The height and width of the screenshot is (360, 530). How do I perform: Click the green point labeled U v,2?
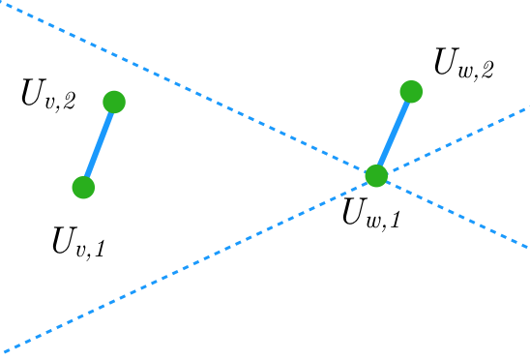pos(114,102)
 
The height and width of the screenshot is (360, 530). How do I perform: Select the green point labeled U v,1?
pos(84,187)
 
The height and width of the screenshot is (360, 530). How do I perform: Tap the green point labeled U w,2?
pos(411,92)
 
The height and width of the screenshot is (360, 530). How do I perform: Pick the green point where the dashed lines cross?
pos(376,176)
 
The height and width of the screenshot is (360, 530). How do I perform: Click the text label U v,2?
pos(48,95)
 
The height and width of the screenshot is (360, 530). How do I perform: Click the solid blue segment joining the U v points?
pos(99,144)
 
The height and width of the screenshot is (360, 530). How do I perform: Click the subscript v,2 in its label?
pos(60,101)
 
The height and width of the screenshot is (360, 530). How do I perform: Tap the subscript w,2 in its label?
pos(477,70)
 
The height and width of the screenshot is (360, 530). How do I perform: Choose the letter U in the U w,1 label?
pos(355,210)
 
